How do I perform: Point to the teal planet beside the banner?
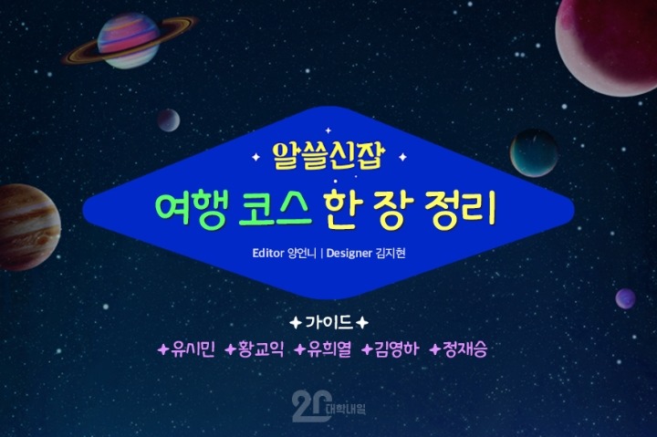[x=534, y=152]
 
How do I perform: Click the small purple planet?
[x=625, y=298]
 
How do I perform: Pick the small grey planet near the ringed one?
[x=168, y=120]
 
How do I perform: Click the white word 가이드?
[x=328, y=323]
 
